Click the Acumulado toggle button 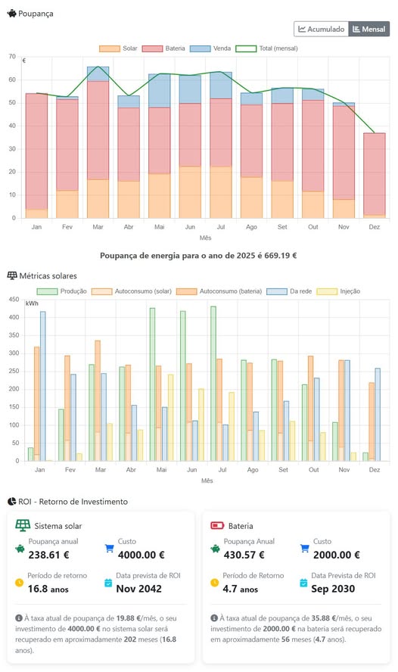click(322, 30)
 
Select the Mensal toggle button click(368, 30)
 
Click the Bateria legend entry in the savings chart click(163, 48)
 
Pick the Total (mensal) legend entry click(266, 48)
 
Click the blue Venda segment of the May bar click(160, 90)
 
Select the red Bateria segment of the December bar click(375, 174)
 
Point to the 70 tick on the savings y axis click(12, 57)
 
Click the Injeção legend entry click(338, 291)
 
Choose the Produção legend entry click(62, 291)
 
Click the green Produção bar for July click(213, 384)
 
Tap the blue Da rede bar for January click(43, 386)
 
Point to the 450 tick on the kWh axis click(14, 300)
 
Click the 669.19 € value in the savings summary click(281, 256)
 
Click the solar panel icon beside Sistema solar click(23, 525)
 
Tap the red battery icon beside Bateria click(217, 525)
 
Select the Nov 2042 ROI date click(138, 589)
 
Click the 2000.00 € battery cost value click(336, 555)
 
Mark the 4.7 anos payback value click(241, 589)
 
